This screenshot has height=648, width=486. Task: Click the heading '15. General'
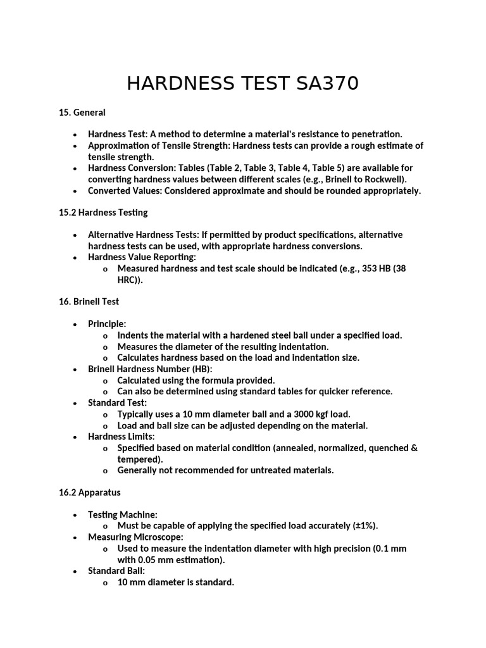pyautogui.click(x=82, y=113)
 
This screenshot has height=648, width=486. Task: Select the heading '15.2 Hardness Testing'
pyautogui.click(x=103, y=213)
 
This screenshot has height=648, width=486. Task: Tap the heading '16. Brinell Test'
pyautogui.click(x=89, y=302)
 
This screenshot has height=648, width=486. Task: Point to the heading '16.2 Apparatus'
pyautogui.click(x=90, y=492)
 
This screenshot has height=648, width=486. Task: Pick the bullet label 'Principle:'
pyautogui.click(x=107, y=324)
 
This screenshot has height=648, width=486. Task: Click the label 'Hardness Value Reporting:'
pyautogui.click(x=142, y=258)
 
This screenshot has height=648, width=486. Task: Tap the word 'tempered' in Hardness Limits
pyautogui.click(x=139, y=459)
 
